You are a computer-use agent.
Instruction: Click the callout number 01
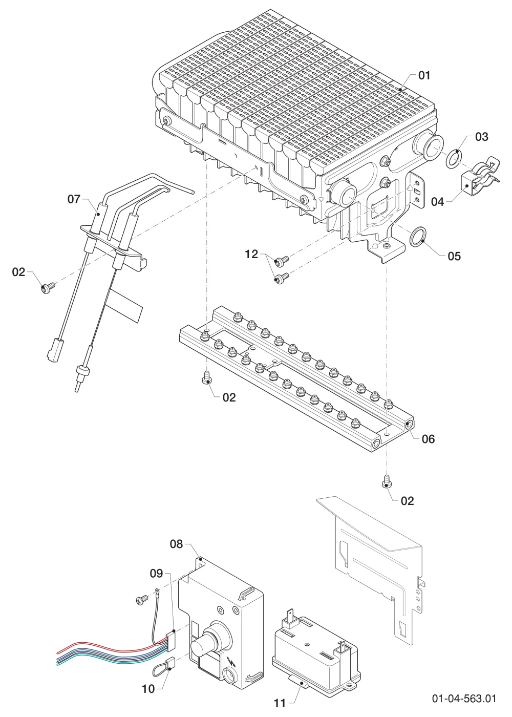(x=424, y=76)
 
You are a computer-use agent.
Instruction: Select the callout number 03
(x=482, y=137)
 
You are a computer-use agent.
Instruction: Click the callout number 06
(x=428, y=439)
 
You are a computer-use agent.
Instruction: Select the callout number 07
(x=74, y=199)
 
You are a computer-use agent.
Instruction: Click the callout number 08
(x=176, y=544)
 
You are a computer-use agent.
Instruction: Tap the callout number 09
(x=157, y=573)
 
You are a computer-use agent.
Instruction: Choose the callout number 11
(x=280, y=703)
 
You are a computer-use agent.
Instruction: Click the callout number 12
(x=251, y=254)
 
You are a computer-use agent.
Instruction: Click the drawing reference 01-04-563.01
(x=464, y=698)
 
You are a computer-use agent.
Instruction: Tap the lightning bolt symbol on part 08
(x=231, y=661)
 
